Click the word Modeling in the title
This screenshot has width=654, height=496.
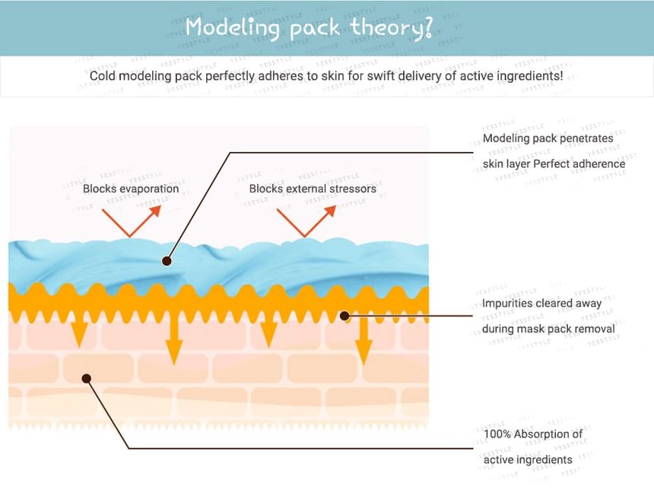[232, 28]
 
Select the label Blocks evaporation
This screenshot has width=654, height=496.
[131, 189]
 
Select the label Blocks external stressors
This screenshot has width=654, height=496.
[313, 189]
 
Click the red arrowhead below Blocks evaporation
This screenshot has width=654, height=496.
[155, 211]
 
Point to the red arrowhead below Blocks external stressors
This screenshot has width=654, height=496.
[330, 211]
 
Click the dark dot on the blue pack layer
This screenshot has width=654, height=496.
[167, 261]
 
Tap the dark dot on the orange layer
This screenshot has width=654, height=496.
[344, 316]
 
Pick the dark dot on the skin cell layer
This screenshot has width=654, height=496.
[87, 378]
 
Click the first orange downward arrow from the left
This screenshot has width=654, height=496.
[79, 329]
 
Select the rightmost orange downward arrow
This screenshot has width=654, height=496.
[364, 339]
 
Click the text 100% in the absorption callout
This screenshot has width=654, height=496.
[497, 434]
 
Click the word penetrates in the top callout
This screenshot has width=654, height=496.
[588, 138]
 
